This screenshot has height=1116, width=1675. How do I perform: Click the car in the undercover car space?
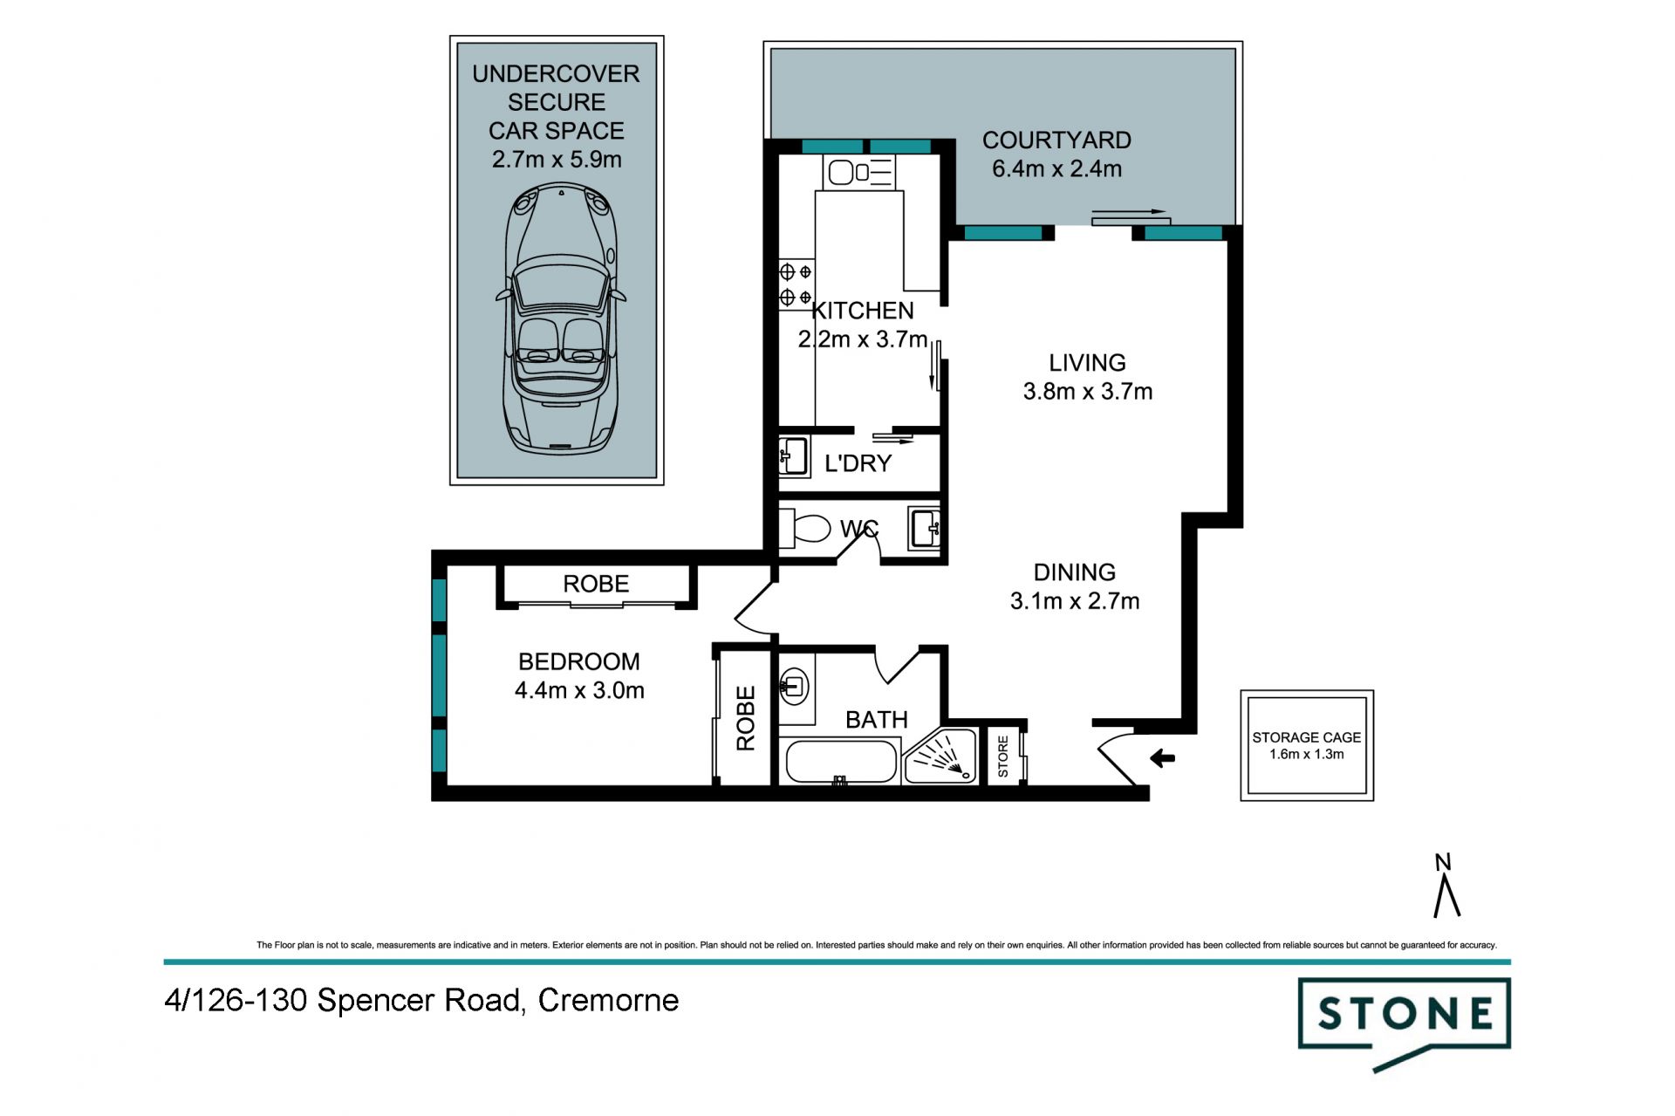(560, 318)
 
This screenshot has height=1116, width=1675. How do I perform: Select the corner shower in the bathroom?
(940, 757)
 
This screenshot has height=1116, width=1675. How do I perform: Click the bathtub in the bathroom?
(841, 762)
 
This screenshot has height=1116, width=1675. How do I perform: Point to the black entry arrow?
(1162, 758)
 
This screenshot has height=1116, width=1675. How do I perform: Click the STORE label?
(1002, 757)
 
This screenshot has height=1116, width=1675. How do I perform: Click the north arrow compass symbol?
(1446, 886)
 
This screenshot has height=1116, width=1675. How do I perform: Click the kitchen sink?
(858, 172)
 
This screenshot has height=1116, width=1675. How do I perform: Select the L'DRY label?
(858, 463)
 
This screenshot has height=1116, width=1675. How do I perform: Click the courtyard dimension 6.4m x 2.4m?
(1056, 168)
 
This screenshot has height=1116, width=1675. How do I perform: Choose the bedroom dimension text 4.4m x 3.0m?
(579, 690)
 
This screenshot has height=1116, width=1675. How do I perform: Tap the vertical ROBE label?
(746, 718)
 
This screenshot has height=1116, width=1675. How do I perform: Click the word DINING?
(1074, 572)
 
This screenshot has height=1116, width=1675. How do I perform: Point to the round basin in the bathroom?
(794, 684)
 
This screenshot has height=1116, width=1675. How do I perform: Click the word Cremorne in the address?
(608, 1000)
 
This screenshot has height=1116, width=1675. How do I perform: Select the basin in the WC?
(923, 528)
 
